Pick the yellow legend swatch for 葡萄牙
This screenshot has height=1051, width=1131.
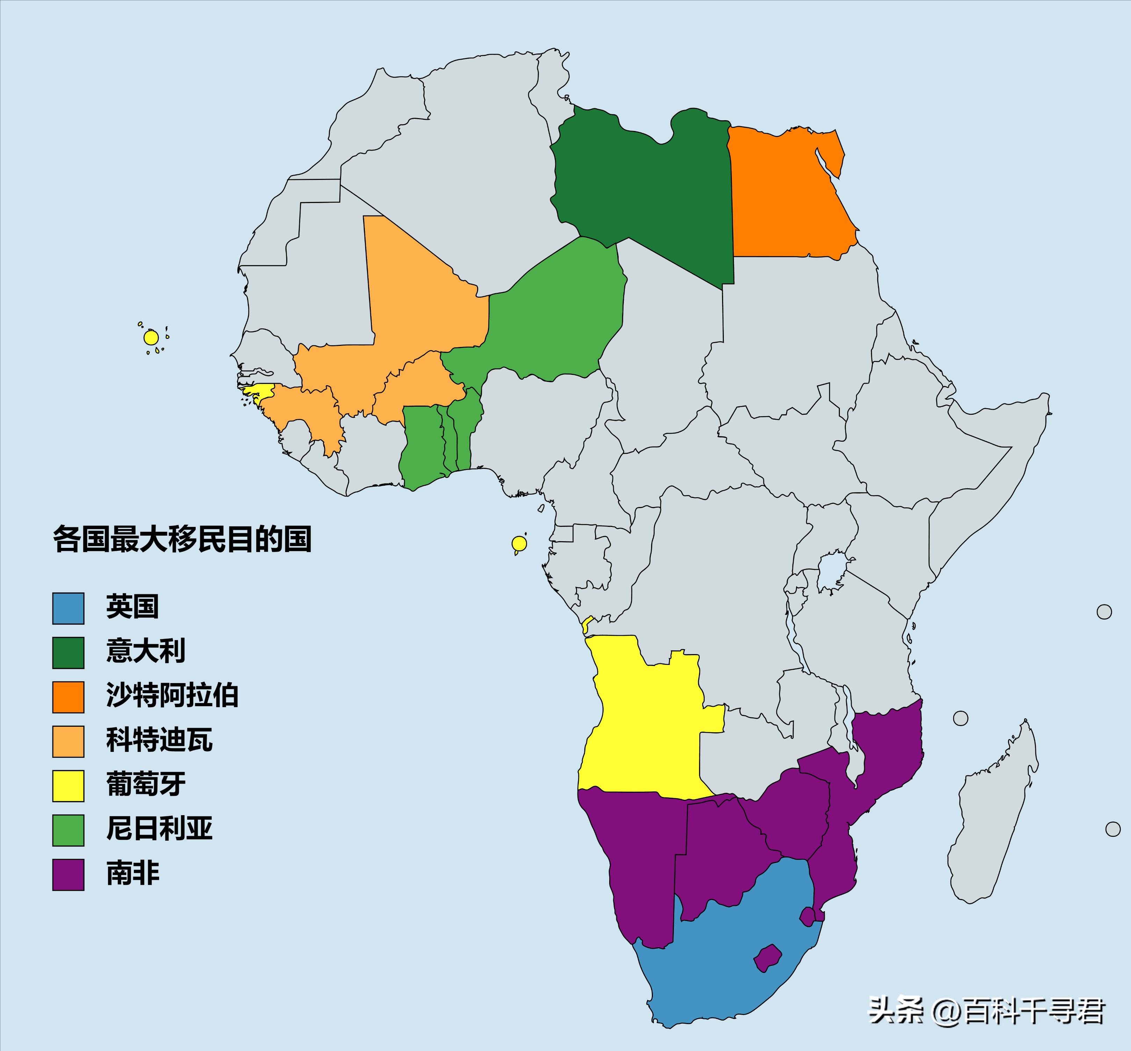coord(68,785)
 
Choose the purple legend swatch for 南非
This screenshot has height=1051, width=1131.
coord(68,874)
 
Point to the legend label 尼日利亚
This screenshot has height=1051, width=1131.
coord(159,829)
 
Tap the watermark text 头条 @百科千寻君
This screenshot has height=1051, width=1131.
coord(987,1011)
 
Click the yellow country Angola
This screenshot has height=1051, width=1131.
coord(643,722)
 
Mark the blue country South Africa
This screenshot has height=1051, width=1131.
coord(728,956)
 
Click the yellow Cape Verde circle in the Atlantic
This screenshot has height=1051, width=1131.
coord(151,338)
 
